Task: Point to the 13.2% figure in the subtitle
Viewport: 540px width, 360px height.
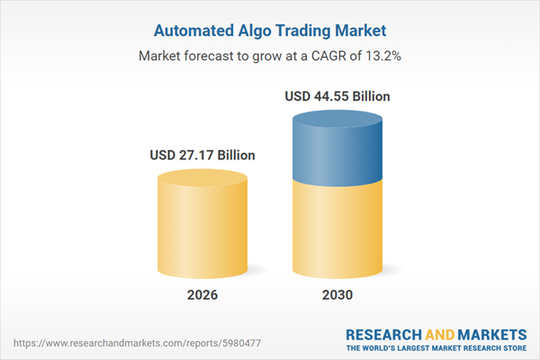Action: [x=381, y=56]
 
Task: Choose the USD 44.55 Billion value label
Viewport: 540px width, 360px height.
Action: [x=337, y=95]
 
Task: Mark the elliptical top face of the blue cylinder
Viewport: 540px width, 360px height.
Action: [x=337, y=118]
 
